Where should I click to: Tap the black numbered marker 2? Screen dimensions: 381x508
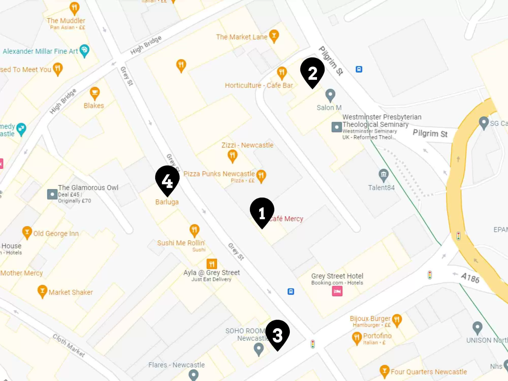[x=312, y=72]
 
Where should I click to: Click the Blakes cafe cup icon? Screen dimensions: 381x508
[x=95, y=93]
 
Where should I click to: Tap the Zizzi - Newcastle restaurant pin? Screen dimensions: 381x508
[x=232, y=155]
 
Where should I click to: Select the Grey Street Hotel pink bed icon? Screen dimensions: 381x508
[x=337, y=291]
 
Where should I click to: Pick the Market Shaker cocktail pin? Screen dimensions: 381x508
[x=42, y=291]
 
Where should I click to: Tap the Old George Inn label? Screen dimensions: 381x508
[x=56, y=233]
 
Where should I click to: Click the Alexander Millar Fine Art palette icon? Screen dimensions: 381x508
[x=84, y=50]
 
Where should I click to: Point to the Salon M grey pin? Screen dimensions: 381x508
[x=330, y=95]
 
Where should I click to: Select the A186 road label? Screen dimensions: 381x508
[x=470, y=278]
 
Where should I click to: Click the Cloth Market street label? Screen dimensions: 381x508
[x=69, y=345]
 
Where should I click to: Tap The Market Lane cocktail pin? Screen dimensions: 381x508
[x=274, y=36]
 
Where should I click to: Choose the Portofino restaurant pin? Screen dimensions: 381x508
[x=357, y=338]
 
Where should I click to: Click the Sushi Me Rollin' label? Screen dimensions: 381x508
[x=181, y=243]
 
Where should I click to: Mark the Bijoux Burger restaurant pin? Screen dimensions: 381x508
[x=397, y=320]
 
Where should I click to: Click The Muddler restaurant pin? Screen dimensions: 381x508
[x=74, y=8]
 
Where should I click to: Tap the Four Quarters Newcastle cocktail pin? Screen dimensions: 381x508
[x=385, y=371]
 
